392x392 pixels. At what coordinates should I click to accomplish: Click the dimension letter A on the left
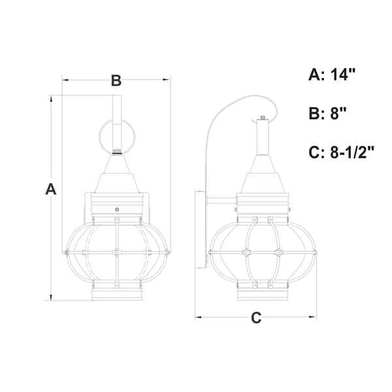50,189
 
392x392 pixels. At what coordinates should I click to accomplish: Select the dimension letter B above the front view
116,81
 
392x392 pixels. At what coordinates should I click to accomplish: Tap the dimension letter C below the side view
256,318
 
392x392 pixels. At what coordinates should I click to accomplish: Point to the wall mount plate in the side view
201,229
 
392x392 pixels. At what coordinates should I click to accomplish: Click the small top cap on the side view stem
262,118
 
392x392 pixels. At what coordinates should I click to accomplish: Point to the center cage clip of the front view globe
116,251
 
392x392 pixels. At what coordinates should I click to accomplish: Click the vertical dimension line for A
52,248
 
